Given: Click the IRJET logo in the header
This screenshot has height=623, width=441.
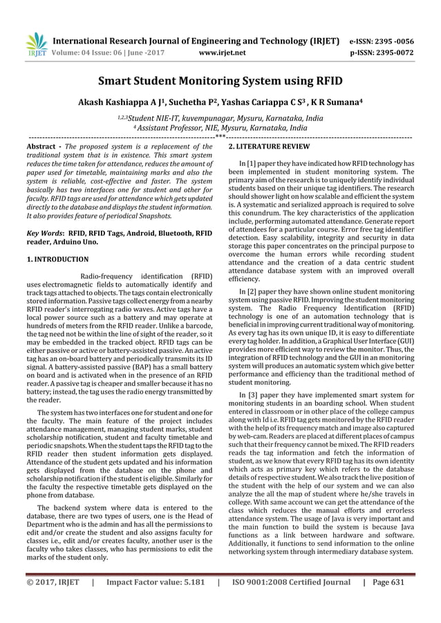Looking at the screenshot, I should tap(35, 44).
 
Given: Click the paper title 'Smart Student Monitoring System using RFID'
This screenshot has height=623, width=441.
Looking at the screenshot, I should tap(220, 82).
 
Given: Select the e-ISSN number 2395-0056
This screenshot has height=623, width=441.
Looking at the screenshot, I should tap(396, 40).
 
